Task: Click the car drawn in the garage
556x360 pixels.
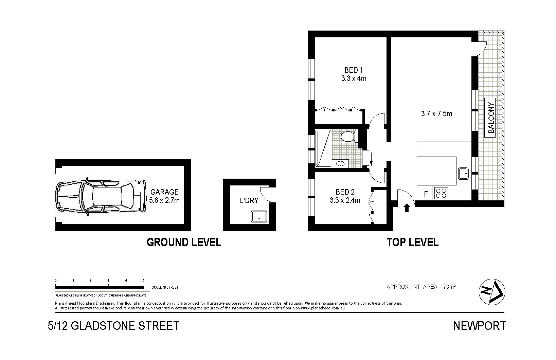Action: click(x=99, y=197)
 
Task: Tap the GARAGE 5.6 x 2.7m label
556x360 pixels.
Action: click(x=164, y=196)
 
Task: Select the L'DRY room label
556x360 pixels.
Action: click(x=249, y=200)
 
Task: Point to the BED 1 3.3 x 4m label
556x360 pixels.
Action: click(x=354, y=74)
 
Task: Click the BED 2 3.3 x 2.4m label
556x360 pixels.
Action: click(x=345, y=196)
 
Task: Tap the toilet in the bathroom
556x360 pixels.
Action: click(x=348, y=137)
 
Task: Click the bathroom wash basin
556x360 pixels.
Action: click(x=340, y=164)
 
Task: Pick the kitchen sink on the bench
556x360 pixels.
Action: click(x=463, y=174)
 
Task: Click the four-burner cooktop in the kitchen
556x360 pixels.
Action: click(x=441, y=193)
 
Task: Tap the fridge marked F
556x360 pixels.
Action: click(x=425, y=194)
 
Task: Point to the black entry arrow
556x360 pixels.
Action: click(x=406, y=208)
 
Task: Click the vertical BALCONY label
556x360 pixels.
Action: click(x=490, y=118)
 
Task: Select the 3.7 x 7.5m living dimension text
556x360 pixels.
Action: click(x=436, y=114)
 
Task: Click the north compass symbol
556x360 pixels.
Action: click(x=492, y=291)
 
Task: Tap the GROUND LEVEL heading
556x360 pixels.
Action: click(x=184, y=242)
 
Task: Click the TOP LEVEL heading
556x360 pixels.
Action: click(x=412, y=242)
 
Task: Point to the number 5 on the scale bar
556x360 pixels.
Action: click(x=143, y=281)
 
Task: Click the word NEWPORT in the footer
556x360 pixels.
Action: click(x=479, y=326)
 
